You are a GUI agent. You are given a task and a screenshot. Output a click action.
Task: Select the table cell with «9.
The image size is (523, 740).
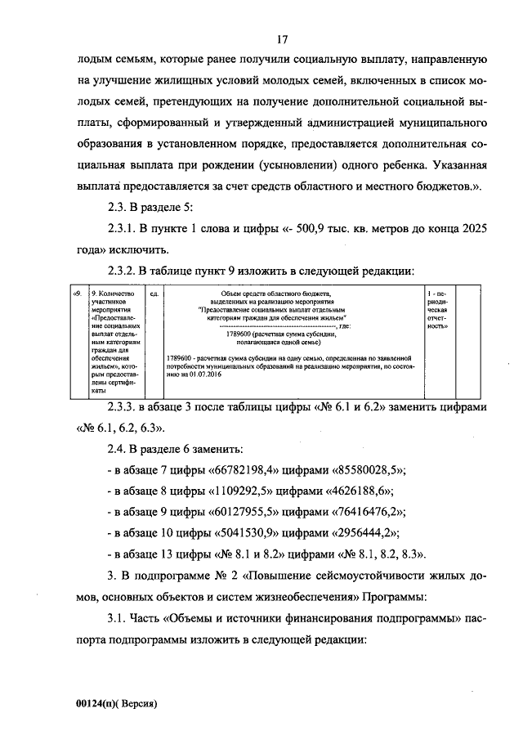pyautogui.click(x=76, y=292)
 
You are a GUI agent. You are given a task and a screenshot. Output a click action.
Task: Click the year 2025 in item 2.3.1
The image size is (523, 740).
pyautogui.click(x=473, y=230)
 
